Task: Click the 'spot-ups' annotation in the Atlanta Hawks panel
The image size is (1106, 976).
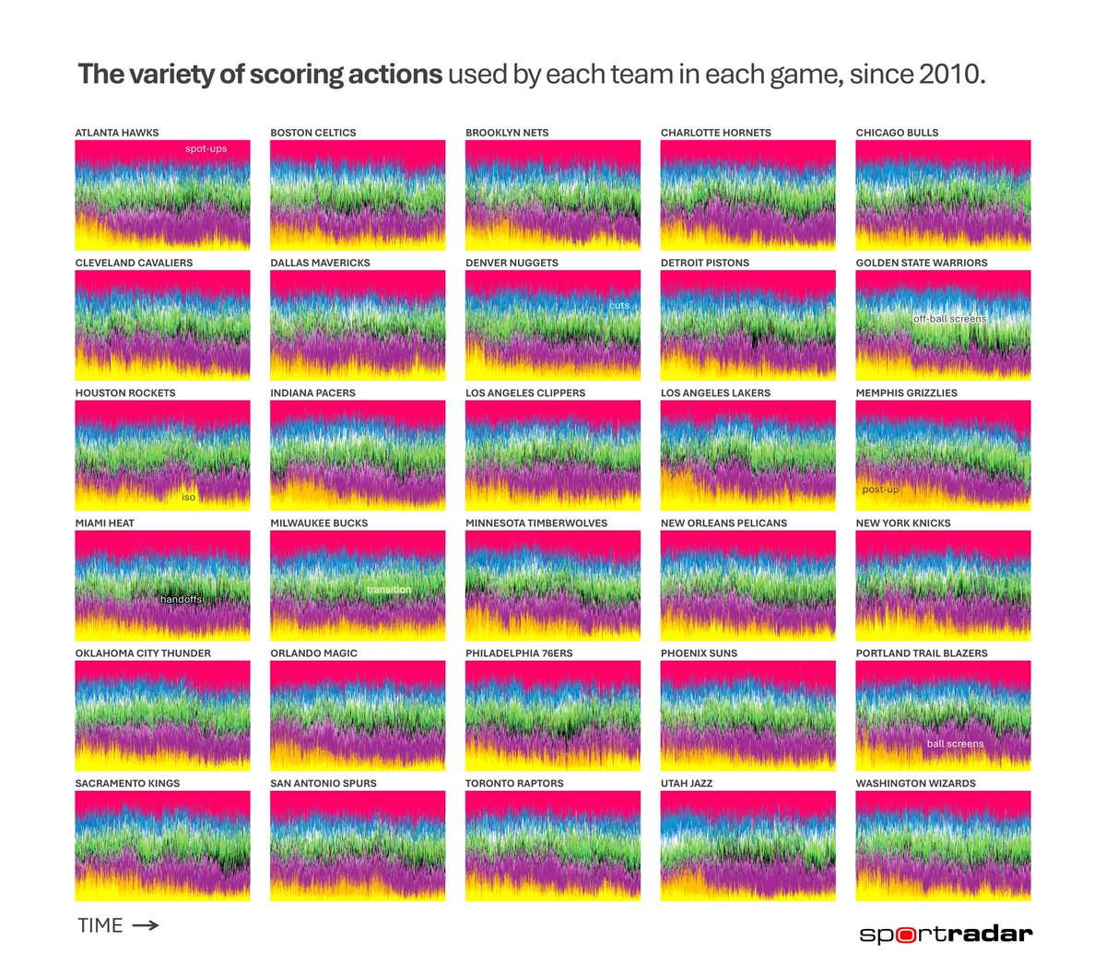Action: [206, 148]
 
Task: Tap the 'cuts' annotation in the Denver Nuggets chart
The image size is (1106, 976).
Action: [618, 305]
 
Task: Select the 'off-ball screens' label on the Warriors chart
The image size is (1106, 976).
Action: [949, 319]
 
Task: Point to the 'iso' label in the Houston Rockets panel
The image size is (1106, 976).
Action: [188, 497]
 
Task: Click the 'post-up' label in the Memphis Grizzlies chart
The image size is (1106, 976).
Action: [880, 489]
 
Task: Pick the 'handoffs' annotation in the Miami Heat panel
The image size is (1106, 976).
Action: [181, 599]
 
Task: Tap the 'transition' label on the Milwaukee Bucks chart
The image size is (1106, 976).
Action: [389, 590]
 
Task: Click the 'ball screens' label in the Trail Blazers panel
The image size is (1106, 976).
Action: [955, 744]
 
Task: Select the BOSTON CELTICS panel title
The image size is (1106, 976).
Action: [312, 133]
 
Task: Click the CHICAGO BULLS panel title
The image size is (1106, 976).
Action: [897, 133]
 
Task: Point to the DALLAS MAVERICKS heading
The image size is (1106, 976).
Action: [320, 263]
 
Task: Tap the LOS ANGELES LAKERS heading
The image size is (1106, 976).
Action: [715, 393]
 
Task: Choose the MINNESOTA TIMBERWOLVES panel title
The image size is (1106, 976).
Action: [536, 523]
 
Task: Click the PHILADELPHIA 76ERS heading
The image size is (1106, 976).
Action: [519, 653]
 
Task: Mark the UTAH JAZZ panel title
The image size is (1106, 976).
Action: [687, 783]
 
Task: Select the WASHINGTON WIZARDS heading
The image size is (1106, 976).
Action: [915, 783]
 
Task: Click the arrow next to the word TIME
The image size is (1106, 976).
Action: [146, 925]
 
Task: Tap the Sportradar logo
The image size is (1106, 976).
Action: [946, 934]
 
